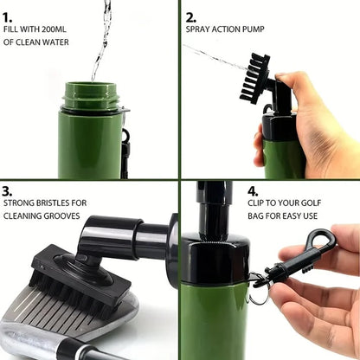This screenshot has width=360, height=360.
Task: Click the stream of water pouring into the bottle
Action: [103, 35]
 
